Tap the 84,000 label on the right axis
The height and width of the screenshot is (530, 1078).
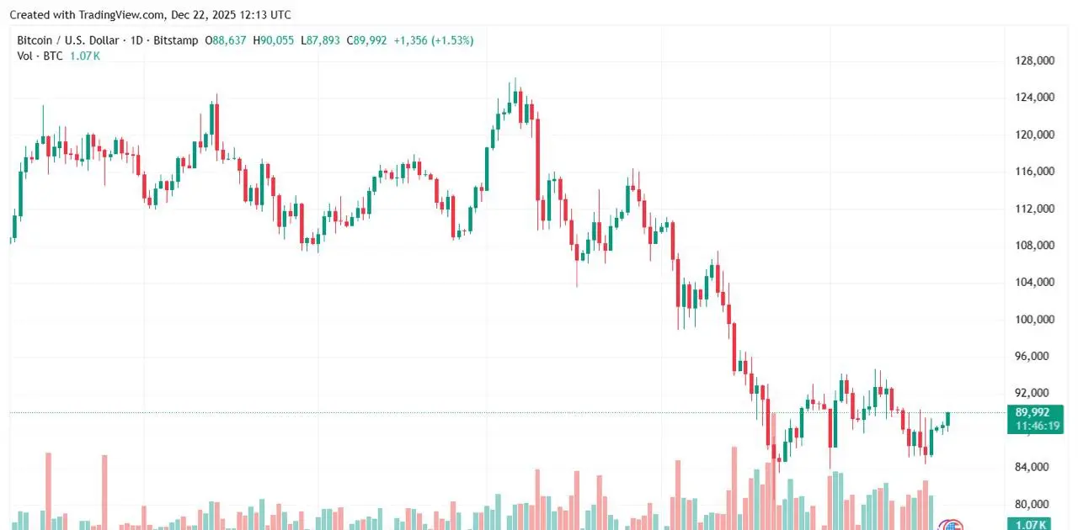[x=1035, y=468]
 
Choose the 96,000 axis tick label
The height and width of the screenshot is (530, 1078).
[x=1035, y=357]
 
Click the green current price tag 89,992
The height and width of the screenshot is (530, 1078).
[x=1033, y=412]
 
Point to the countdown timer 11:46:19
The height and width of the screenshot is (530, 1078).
[x=1033, y=427]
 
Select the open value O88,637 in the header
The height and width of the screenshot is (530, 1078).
[x=226, y=40]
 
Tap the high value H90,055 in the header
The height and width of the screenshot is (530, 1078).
[x=274, y=40]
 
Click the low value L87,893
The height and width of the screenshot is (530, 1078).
[x=320, y=40]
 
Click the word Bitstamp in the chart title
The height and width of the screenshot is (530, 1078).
[x=178, y=40]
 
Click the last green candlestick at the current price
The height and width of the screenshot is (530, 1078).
[x=948, y=419]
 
